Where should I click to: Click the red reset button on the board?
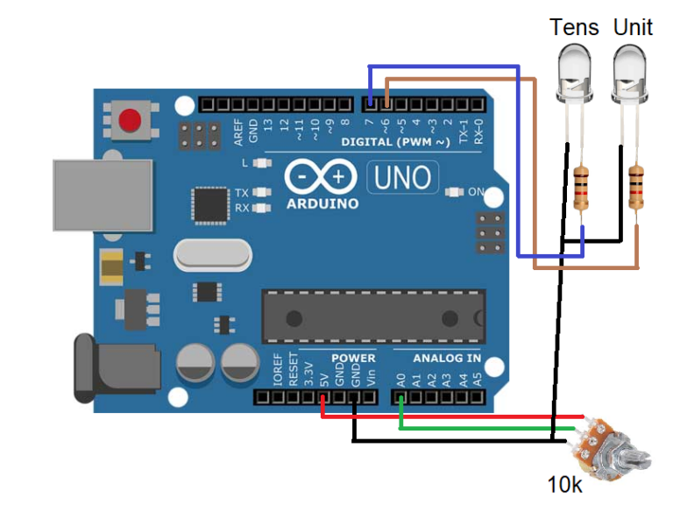[130, 121]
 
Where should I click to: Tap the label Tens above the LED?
[574, 27]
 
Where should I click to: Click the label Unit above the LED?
[633, 27]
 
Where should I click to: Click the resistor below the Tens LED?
[581, 189]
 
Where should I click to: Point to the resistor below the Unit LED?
[637, 188]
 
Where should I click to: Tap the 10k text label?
[565, 484]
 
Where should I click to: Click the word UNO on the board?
[403, 178]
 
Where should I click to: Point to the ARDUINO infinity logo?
[320, 178]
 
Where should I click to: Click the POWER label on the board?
[352, 359]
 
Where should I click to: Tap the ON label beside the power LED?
[477, 192]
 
